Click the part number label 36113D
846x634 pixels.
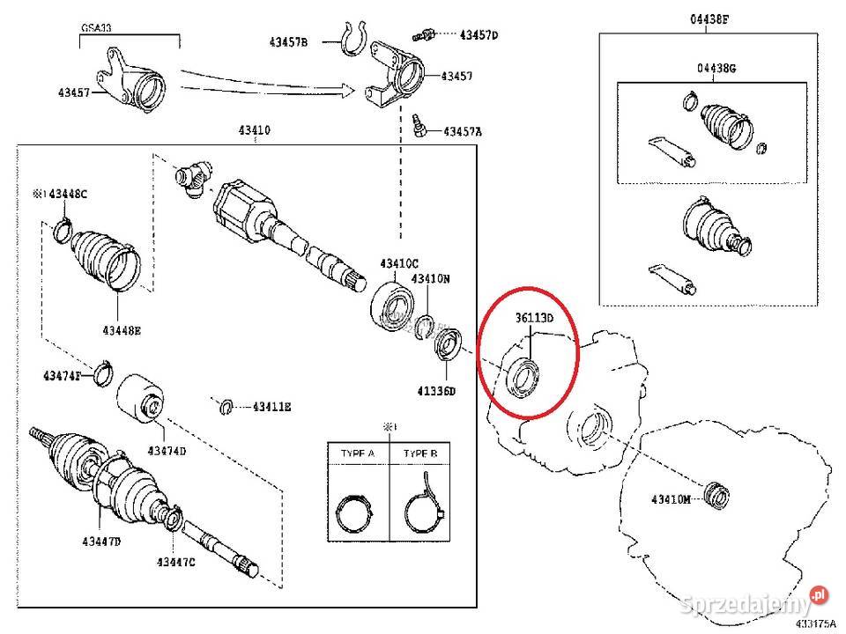(x=534, y=318)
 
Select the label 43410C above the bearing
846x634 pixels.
(x=400, y=263)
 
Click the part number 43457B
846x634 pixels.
(x=289, y=41)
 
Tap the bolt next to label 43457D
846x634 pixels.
(x=424, y=33)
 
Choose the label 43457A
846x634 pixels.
(x=463, y=132)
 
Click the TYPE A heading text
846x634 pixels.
(x=358, y=453)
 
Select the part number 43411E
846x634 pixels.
(x=271, y=407)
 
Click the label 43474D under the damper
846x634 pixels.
(x=167, y=451)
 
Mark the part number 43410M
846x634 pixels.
(x=672, y=499)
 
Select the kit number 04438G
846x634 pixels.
(x=716, y=68)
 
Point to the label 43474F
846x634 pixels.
(x=62, y=376)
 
